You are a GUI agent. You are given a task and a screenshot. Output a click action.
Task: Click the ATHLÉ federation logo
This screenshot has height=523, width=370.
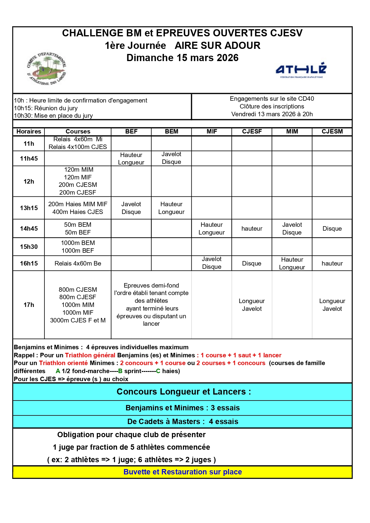(x=301, y=70)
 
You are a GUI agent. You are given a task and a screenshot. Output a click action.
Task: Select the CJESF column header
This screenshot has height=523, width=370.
(x=252, y=131)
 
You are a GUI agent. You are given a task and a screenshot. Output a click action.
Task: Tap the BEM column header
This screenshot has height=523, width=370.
(x=171, y=131)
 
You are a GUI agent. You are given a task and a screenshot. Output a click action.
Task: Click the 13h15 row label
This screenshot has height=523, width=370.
(x=29, y=208)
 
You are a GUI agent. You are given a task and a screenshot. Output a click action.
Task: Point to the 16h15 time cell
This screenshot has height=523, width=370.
(x=29, y=263)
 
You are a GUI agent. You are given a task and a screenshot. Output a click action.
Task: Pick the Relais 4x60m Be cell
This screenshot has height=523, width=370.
(x=78, y=263)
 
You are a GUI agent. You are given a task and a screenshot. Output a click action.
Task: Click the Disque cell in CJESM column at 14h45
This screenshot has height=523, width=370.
(x=332, y=229)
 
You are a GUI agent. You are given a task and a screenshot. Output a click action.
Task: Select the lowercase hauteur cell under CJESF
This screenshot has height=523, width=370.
(x=252, y=229)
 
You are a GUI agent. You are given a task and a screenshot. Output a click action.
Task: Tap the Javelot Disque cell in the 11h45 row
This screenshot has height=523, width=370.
(x=171, y=158)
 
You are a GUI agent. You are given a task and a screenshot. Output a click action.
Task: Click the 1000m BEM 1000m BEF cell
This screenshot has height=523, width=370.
(x=78, y=247)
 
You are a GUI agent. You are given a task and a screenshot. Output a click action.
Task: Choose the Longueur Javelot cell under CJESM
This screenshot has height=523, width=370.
(x=332, y=305)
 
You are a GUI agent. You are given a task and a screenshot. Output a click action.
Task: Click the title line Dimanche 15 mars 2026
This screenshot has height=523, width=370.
(x=182, y=58)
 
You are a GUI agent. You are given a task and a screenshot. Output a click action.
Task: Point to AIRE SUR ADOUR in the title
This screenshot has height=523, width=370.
(x=217, y=46)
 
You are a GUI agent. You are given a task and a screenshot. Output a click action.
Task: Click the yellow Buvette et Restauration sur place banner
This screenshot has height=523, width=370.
(x=182, y=472)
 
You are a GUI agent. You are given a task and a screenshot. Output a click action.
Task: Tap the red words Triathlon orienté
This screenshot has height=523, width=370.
(x=63, y=363)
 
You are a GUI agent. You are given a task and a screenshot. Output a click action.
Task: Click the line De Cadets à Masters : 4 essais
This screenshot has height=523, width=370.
(x=182, y=422)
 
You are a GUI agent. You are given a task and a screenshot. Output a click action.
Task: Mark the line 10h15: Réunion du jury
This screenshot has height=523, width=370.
(x=46, y=108)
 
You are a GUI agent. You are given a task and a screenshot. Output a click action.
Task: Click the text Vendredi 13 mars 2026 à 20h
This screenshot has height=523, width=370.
(x=272, y=114)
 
